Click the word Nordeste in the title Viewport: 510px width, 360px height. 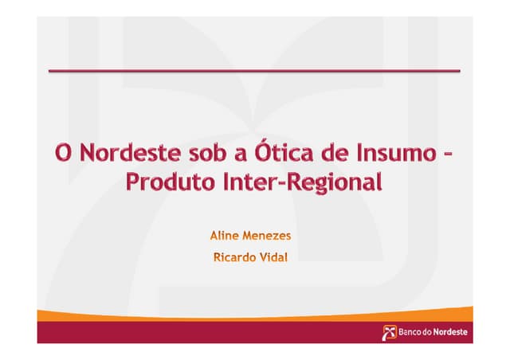point(121,151)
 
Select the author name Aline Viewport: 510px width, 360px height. point(225,236)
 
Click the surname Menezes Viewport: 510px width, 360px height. point(271,236)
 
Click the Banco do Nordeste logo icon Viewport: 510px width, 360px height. point(390,331)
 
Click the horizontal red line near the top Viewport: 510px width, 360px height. point(254,72)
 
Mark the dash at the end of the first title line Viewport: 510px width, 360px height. point(450,153)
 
